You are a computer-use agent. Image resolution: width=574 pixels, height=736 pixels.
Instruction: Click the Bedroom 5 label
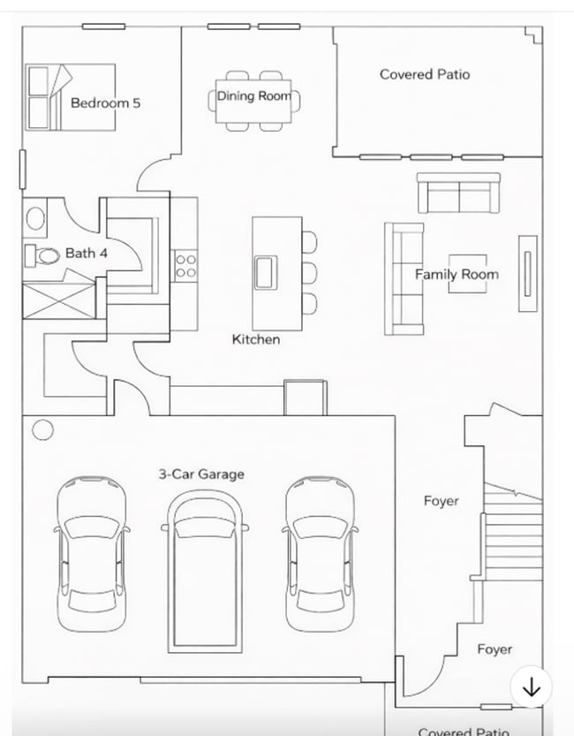(x=105, y=102)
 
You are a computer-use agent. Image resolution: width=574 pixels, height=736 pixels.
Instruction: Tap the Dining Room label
(x=254, y=95)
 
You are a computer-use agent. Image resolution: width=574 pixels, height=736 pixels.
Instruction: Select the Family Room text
(x=457, y=274)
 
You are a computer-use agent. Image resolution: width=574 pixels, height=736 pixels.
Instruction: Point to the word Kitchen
(x=256, y=339)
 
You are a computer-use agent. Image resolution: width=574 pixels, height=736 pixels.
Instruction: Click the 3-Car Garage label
(x=201, y=474)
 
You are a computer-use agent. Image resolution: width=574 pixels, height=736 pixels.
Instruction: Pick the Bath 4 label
(x=80, y=254)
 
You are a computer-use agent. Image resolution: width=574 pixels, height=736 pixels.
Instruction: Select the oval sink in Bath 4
(x=35, y=217)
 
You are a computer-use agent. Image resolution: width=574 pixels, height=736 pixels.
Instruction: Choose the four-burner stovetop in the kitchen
(x=185, y=265)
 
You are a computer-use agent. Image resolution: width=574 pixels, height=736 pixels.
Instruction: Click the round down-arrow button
(x=532, y=687)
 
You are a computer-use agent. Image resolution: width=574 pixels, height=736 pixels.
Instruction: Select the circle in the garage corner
(x=42, y=430)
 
